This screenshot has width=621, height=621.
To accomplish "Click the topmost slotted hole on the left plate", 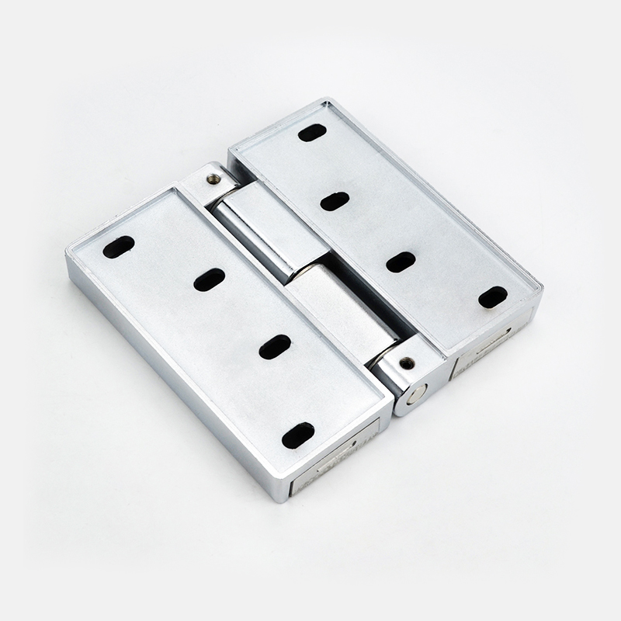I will click(x=119, y=247).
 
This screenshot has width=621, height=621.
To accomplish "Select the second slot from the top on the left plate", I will click(x=210, y=279).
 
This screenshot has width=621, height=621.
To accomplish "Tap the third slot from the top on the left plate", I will click(x=275, y=346).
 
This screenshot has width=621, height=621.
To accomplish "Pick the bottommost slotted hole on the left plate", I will click(x=298, y=435).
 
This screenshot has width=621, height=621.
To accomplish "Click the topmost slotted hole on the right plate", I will click(x=312, y=133).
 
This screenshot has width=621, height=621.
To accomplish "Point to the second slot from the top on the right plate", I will click(x=335, y=201).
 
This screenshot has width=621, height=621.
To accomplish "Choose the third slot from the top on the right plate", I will click(x=401, y=262).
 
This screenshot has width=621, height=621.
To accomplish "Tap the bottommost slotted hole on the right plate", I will click(x=493, y=297).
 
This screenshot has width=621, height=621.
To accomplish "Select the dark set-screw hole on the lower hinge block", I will click(x=405, y=362).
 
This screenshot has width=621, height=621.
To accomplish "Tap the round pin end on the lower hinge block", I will click(x=417, y=394).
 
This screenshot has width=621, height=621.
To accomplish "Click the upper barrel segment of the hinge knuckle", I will click(x=252, y=225).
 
